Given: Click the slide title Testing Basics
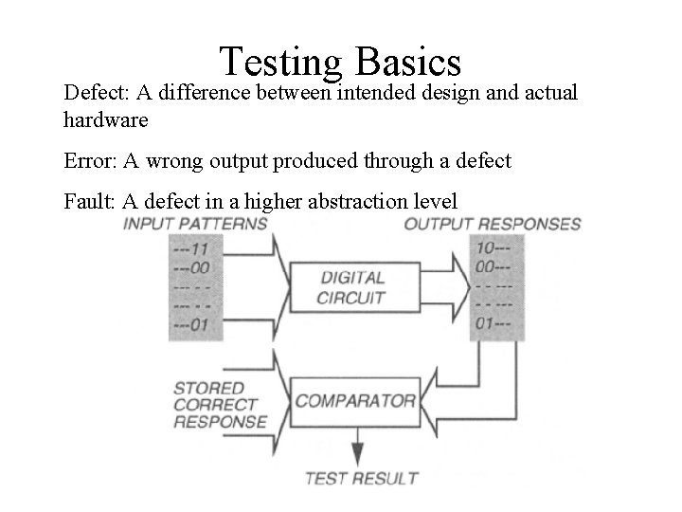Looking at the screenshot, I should [x=340, y=61].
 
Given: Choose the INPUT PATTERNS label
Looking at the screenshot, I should [x=196, y=224].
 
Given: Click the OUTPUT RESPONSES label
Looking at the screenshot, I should [x=493, y=225].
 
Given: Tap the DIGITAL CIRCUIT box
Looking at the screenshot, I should [x=352, y=288].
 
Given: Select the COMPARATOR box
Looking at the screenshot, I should [x=355, y=400].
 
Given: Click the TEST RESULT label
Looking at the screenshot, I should [x=356, y=477].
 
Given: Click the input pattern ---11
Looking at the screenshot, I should [x=191, y=248].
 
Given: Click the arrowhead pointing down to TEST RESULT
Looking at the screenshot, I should [x=356, y=450].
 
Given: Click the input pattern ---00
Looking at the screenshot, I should [x=191, y=267].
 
